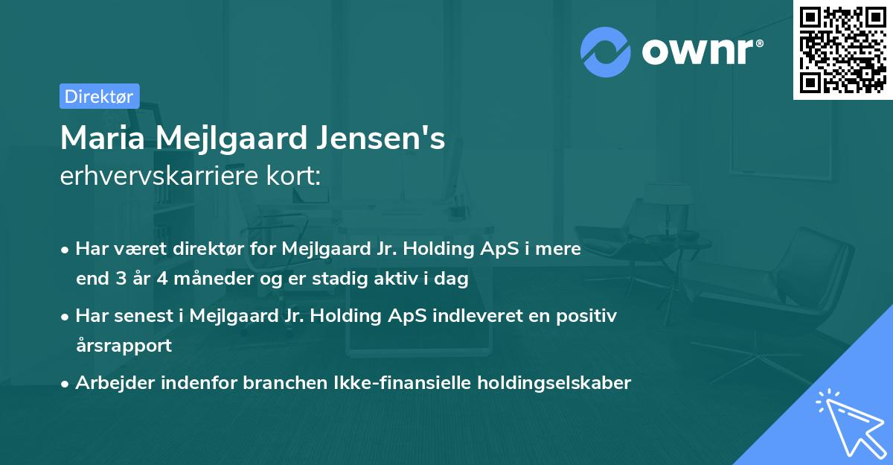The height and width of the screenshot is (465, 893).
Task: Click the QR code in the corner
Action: coord(843,49)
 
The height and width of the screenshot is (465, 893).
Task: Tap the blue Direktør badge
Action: coord(99,96)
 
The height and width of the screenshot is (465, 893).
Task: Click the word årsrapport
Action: coord(124,346)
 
